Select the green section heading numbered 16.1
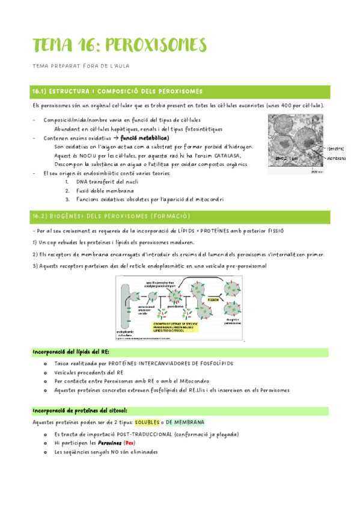tap(117, 91)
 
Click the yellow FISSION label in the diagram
tap(213, 298)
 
